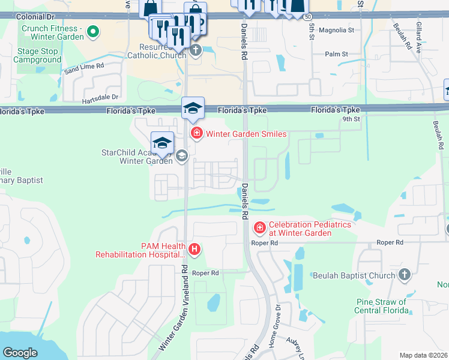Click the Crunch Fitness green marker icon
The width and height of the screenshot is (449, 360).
click(x=92, y=30)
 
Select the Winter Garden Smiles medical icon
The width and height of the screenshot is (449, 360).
click(x=195, y=133)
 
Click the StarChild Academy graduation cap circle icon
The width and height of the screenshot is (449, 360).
click(x=181, y=157)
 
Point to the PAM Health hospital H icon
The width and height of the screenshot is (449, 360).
click(x=194, y=248)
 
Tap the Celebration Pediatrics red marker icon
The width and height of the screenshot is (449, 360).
click(x=259, y=228)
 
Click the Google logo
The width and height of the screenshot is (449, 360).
click(x=20, y=353)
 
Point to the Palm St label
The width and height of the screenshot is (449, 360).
click(x=336, y=54)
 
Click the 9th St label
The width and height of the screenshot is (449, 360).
click(x=349, y=119)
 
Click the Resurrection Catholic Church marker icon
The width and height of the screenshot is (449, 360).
click(x=195, y=50)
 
